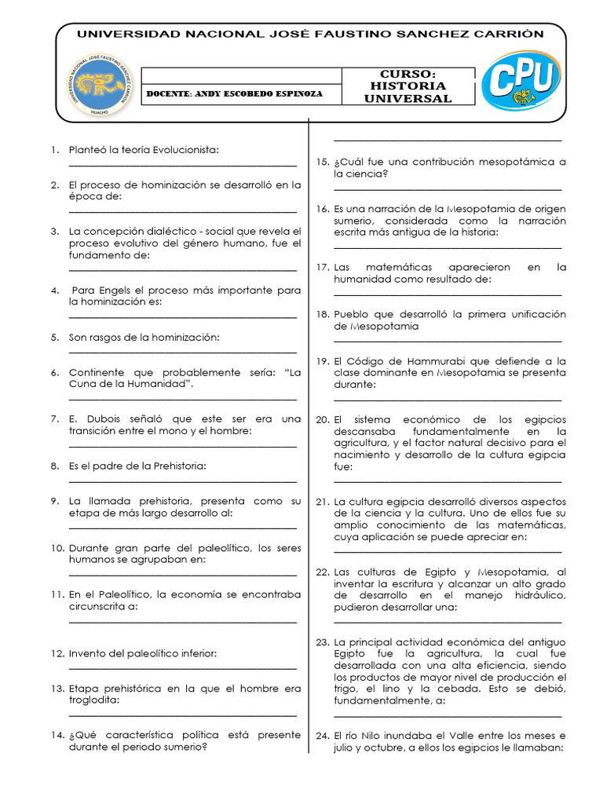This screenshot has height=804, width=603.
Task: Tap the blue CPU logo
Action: [x=520, y=82]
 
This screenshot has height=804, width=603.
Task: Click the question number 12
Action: [x=57, y=653]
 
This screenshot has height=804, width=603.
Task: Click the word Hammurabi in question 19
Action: [x=406, y=361]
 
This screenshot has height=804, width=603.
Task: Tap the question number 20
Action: [x=323, y=419]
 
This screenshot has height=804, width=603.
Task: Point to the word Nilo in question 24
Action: [x=374, y=736]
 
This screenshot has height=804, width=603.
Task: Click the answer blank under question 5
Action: [x=182, y=351]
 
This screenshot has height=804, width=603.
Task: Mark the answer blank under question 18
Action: [x=447, y=340]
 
